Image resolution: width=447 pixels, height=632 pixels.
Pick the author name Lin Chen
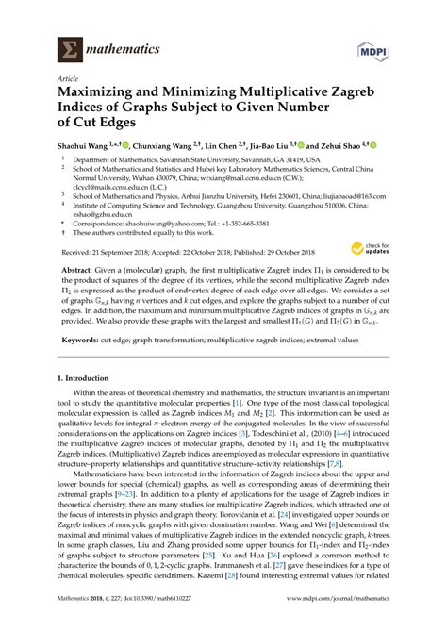pos(227,145)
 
